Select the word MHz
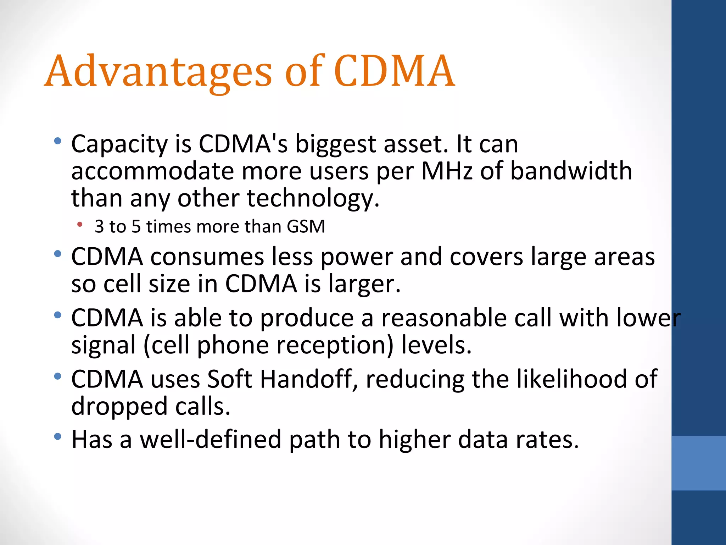click(x=447, y=171)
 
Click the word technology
click(x=313, y=198)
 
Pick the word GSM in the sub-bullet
click(x=306, y=226)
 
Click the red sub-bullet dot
click(x=80, y=224)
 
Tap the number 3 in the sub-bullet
click(x=99, y=226)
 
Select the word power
click(x=357, y=257)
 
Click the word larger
click(x=364, y=284)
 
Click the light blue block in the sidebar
click(x=699, y=463)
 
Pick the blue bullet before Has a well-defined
click(x=58, y=437)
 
